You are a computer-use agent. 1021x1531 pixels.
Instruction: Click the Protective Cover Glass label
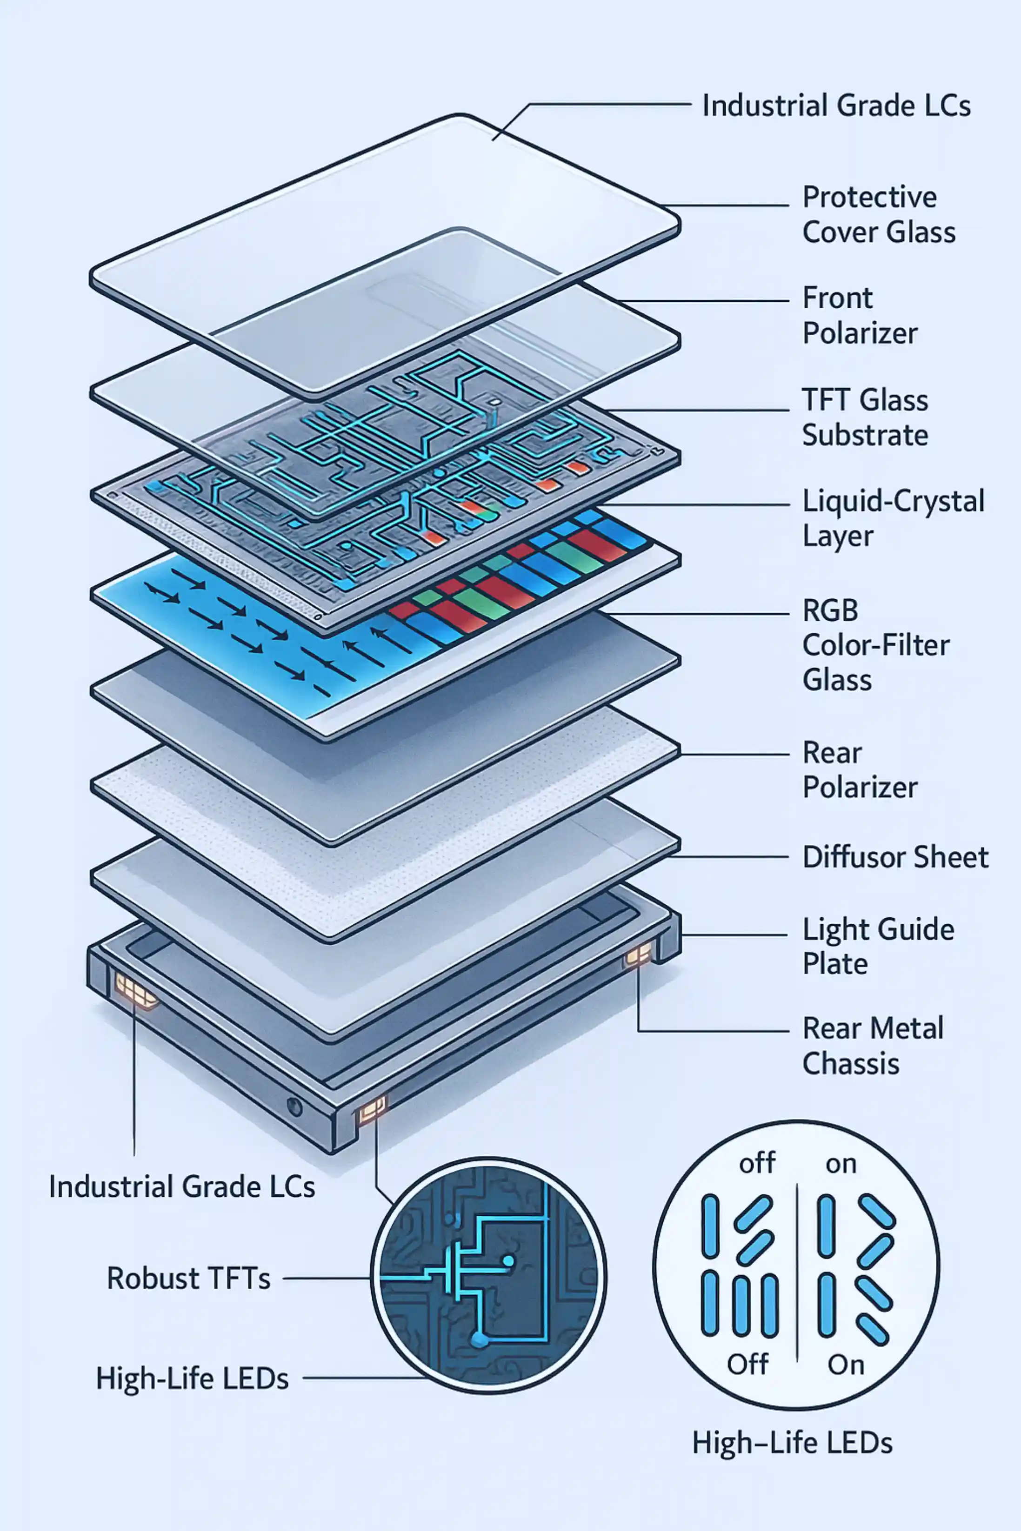tap(878, 215)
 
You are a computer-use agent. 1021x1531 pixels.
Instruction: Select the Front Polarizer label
tap(860, 316)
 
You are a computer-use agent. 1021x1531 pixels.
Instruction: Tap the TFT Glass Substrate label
tap(865, 417)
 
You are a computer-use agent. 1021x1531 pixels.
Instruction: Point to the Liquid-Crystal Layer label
tap(893, 518)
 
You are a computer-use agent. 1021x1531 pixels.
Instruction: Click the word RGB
tap(830, 610)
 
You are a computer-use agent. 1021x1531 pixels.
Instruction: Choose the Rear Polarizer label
tap(860, 770)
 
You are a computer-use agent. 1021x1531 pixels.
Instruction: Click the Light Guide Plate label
tap(878, 946)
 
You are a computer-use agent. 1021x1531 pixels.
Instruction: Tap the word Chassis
tap(850, 1064)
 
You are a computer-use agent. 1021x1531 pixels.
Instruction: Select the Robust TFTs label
tap(188, 1279)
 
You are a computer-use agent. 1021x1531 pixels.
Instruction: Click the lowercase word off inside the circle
tap(757, 1163)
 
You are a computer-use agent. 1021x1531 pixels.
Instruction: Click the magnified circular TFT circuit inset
tap(488, 1275)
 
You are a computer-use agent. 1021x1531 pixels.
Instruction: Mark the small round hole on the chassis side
tap(294, 1106)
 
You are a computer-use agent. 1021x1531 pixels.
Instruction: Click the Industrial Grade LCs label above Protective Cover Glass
tap(836, 106)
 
